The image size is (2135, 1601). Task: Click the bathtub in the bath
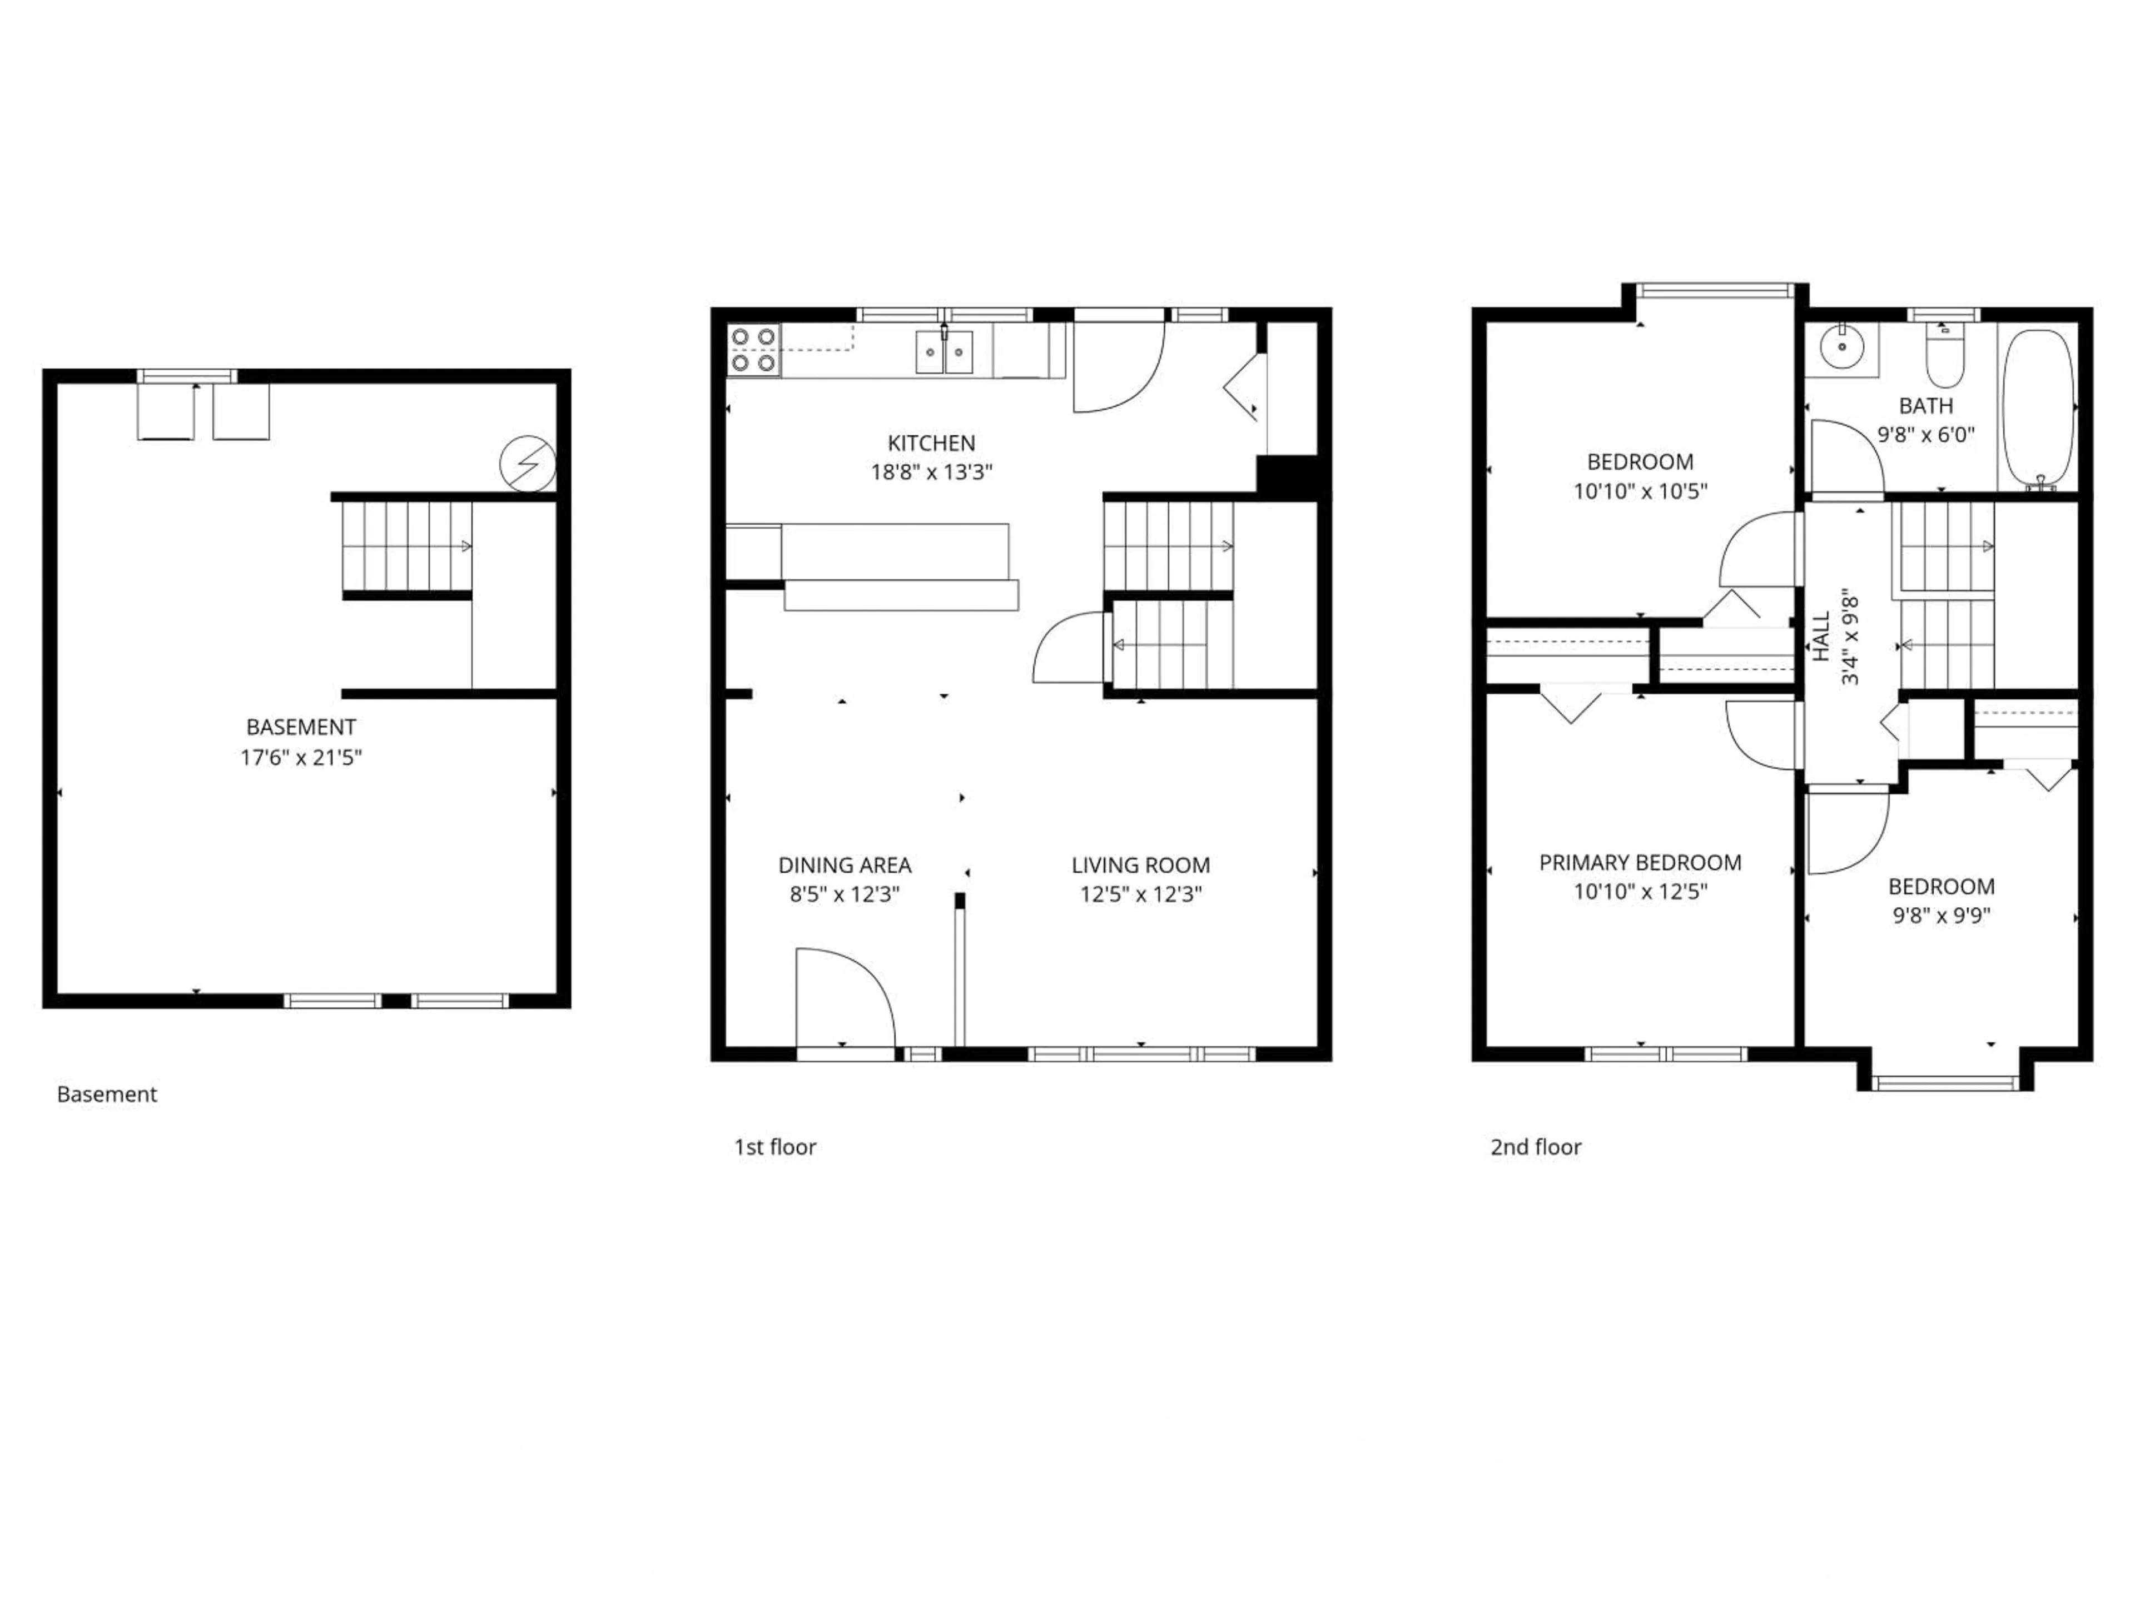2037,405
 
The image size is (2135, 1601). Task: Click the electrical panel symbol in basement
527,464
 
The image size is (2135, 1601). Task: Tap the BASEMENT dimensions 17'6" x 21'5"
301,758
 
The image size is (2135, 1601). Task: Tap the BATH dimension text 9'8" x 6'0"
1925,435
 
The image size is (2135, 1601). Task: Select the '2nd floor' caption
1536,1147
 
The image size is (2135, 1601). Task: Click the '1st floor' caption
775,1147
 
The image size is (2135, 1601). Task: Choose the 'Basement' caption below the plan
107,1095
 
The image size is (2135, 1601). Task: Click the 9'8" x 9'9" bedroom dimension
1941,915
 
